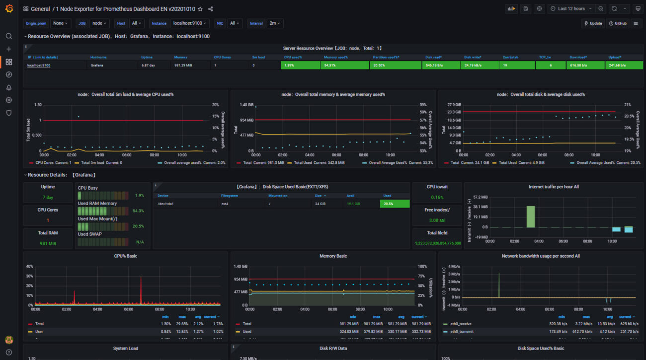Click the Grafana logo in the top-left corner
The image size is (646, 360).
(8, 9)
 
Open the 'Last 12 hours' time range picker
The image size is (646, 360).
(570, 8)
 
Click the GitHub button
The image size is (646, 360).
(618, 23)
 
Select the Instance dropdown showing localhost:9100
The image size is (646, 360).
(190, 23)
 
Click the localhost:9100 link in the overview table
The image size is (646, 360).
(38, 65)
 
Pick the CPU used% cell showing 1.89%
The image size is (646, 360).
(300, 65)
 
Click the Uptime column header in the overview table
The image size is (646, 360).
(147, 57)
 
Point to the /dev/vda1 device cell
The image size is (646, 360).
(165, 204)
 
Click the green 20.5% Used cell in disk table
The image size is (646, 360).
(395, 204)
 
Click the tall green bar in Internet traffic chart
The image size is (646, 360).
(530, 216)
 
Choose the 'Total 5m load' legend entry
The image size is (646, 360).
(93, 162)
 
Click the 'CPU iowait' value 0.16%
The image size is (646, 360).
(437, 197)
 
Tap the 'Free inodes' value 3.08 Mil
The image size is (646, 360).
(437, 220)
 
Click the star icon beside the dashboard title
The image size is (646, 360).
(200, 9)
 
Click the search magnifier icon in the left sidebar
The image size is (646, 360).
(8, 36)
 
